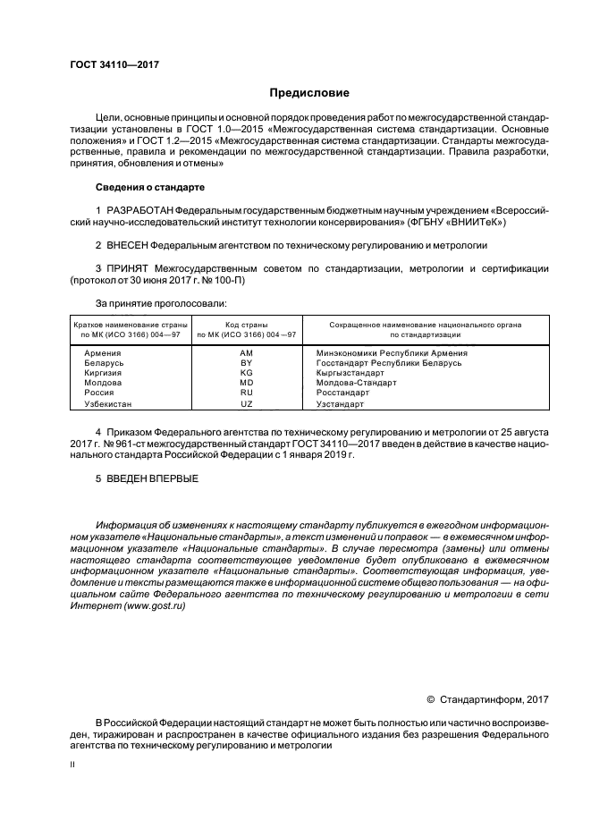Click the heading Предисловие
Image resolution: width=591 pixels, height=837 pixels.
point(309,93)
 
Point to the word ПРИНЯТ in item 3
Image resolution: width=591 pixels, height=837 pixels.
point(127,267)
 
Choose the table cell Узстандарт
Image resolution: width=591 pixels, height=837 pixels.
point(341,404)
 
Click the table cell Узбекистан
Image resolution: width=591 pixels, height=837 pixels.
point(109,404)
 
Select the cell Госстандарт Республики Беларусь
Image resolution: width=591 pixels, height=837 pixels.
point(389,364)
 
